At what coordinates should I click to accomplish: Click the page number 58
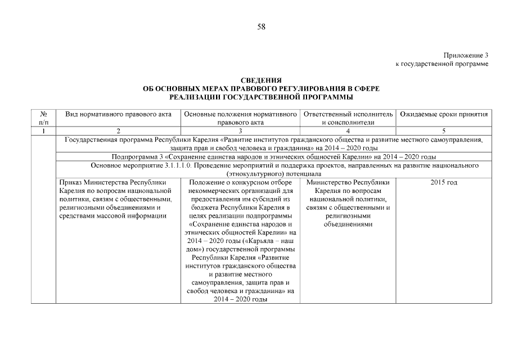(x=261, y=26)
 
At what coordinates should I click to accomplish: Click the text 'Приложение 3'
(x=466, y=55)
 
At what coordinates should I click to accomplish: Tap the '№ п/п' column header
(x=43, y=118)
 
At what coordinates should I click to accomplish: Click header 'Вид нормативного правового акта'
(x=119, y=114)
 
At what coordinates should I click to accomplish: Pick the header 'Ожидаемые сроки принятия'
(x=443, y=114)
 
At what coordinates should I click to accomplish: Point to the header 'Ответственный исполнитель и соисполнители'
(x=348, y=118)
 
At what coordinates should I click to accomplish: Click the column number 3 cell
(x=241, y=130)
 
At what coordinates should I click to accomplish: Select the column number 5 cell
(x=443, y=130)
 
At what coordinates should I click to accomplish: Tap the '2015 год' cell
(x=443, y=183)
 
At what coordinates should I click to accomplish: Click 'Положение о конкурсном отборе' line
(x=241, y=183)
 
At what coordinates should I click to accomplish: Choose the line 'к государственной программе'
(x=442, y=64)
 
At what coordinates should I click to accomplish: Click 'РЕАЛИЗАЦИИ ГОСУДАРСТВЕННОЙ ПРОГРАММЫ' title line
(x=261, y=98)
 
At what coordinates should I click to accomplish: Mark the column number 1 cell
(x=43, y=130)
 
